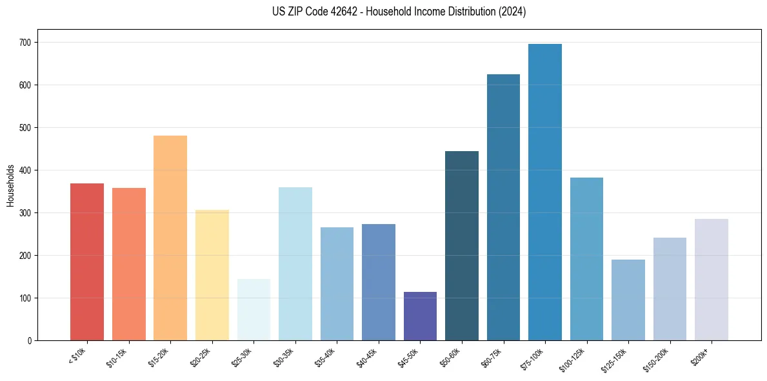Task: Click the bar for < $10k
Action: [x=87, y=262]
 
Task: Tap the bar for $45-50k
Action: [x=420, y=316]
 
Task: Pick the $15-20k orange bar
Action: [x=170, y=238]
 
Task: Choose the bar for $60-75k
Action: [x=503, y=207]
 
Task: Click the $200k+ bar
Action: [x=712, y=280]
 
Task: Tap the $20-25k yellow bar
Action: [x=212, y=275]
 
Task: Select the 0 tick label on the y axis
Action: [x=30, y=341]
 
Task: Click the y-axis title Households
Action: [x=11, y=185]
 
